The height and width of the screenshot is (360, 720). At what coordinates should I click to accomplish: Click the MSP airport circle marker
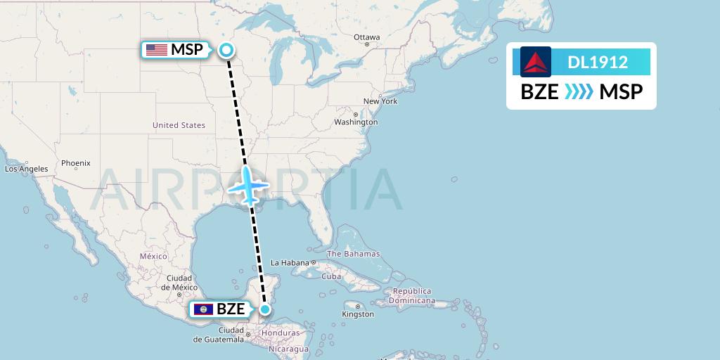226,49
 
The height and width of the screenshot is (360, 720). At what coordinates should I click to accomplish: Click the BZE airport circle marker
265,309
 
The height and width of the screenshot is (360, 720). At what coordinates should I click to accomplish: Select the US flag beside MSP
157,50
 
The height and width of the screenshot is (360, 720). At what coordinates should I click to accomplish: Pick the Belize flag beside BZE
202,309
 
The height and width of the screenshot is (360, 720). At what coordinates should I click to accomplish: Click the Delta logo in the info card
536,62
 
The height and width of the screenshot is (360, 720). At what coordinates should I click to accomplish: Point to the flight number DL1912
598,62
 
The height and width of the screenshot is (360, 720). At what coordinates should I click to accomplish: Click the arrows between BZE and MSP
579,92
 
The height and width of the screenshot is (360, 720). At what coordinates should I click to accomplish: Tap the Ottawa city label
367,37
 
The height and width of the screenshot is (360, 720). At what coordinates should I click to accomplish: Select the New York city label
380,101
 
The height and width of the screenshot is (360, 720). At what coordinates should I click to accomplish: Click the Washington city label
356,122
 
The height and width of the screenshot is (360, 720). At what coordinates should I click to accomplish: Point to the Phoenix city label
75,163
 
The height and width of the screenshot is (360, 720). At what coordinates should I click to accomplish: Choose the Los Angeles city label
27,169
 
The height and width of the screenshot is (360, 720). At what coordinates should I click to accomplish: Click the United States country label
179,125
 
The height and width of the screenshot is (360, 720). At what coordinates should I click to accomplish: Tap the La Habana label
291,263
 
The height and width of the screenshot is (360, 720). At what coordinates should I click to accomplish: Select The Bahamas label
353,254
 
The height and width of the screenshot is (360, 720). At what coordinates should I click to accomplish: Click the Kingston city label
359,314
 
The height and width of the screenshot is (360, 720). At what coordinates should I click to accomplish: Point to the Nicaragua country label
288,349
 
